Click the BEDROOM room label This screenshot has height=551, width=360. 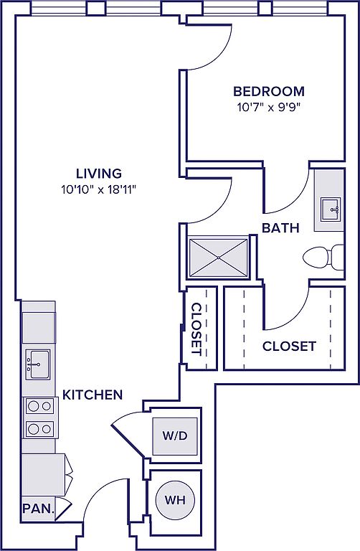(269, 91)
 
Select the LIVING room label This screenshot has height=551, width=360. (99, 174)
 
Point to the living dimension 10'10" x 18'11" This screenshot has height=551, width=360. (99, 190)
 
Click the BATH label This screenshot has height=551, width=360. (280, 228)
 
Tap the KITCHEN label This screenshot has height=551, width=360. (93, 395)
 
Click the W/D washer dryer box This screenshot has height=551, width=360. (175, 436)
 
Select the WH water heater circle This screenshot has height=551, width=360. (174, 500)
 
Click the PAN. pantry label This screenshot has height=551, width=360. (39, 509)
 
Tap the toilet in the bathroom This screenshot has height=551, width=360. (323, 258)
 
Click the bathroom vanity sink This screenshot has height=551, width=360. (331, 209)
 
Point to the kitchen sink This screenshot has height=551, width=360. (37, 364)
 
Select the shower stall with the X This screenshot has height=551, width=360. (219, 258)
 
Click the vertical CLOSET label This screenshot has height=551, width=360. (196, 329)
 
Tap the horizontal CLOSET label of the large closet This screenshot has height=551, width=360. (289, 347)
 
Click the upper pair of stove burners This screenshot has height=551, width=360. (39, 407)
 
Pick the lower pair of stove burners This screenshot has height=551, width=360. (39, 429)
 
